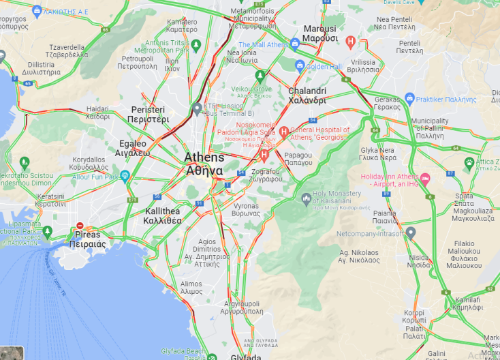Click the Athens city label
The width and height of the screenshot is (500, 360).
pos(204,164)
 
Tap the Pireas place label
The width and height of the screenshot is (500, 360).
pos(87,239)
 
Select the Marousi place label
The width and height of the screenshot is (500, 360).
pos(319,33)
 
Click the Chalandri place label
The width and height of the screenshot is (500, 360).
pos(307,95)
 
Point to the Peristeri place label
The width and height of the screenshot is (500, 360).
pos(149,114)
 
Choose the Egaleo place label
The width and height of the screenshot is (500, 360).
pos(133,148)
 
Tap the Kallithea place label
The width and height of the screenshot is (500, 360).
pos(163,216)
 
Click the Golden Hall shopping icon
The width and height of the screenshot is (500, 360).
pos(300,66)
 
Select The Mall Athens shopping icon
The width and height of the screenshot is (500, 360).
pos(295,44)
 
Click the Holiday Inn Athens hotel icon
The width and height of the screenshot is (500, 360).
pos(425,179)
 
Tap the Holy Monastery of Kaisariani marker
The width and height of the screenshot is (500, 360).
pos(307,198)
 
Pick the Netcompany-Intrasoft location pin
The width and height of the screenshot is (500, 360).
pos(411,232)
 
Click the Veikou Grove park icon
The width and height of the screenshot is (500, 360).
pos(260,75)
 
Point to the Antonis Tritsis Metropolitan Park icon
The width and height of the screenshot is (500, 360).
pos(196,46)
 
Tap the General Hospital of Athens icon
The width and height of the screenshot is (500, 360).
pos(284,132)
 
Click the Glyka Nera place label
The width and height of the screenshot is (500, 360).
pos(378,153)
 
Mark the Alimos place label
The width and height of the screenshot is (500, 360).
pos(191,288)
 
